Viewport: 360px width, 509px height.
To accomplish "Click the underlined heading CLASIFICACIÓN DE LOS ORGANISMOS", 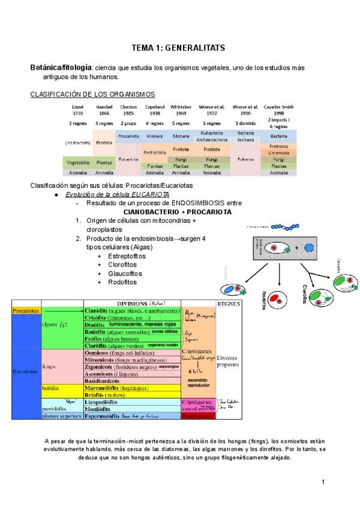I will point(92,94).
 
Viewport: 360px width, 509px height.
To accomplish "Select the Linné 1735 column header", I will point(79,110).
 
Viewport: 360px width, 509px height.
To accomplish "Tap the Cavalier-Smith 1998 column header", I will point(278,110).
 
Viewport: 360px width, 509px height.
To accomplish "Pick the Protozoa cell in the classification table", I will point(278,146).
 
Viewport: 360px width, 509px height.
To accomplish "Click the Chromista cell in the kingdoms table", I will point(278,153).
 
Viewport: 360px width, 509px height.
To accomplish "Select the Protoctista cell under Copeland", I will point(155,152).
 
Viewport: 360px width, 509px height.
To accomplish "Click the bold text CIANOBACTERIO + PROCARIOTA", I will point(177,212).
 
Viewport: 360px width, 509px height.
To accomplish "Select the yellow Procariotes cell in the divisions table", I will point(26,311).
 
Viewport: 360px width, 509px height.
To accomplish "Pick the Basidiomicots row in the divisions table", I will point(107,381).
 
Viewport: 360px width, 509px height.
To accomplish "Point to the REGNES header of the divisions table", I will point(229,304).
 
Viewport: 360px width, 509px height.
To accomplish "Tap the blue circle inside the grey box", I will point(309,247).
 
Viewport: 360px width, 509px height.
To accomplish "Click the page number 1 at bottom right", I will point(323,482).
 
